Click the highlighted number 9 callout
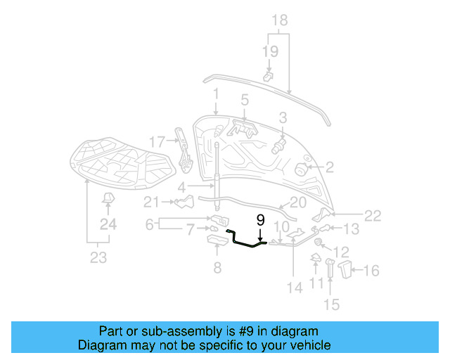[260, 219]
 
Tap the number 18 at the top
[279, 20]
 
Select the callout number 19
[270, 51]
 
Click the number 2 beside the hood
[329, 167]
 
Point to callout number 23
[98, 258]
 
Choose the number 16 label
[371, 269]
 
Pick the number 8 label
[217, 267]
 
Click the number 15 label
[331, 304]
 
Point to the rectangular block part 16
[346, 269]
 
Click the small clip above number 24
[108, 199]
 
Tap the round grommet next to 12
[317, 243]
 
